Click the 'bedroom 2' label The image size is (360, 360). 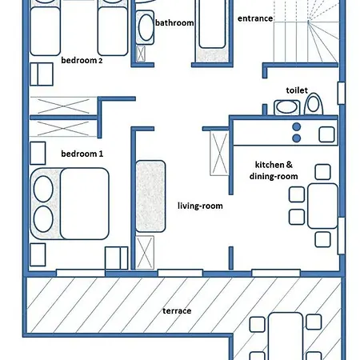coord(82,60)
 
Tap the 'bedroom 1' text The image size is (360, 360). coord(82,154)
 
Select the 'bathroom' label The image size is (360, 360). coord(174,22)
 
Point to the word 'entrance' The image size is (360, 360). coord(255,18)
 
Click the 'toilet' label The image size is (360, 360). coord(297,90)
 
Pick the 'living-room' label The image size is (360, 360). coord(200,206)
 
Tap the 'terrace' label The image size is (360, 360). coord(177,310)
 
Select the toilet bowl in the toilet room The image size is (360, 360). coord(314,104)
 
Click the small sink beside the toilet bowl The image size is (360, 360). coord(286,107)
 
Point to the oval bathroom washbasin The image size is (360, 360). coord(146,27)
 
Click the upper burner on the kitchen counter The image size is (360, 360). coord(297,127)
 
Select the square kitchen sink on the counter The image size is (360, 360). coord(326,134)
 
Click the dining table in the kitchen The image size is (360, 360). coord(322,206)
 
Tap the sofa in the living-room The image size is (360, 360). coord(150,196)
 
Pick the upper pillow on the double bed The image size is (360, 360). coord(43,189)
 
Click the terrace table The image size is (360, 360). coord(286,336)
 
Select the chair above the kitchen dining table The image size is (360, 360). coord(322,172)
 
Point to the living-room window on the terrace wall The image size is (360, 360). coord(180,273)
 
